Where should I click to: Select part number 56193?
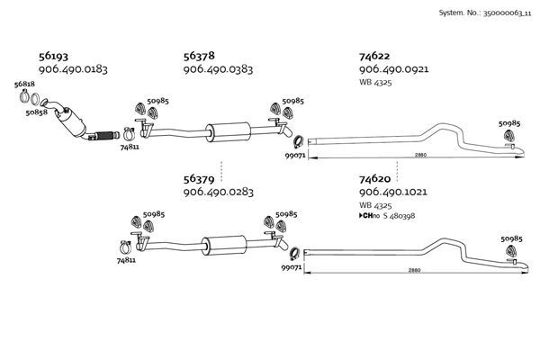coord(53,56)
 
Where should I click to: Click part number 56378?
coord(199,56)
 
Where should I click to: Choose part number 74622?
coord(375,56)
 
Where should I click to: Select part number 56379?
coord(199,179)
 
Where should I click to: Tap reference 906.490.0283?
coord(218,192)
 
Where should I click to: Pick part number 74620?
coord(375,179)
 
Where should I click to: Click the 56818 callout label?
coord(24,84)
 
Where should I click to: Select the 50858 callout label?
coord(37,113)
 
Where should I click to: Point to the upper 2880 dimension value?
coord(420,156)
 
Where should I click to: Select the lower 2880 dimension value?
coord(413,270)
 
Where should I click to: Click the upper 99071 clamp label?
coord(296,156)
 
